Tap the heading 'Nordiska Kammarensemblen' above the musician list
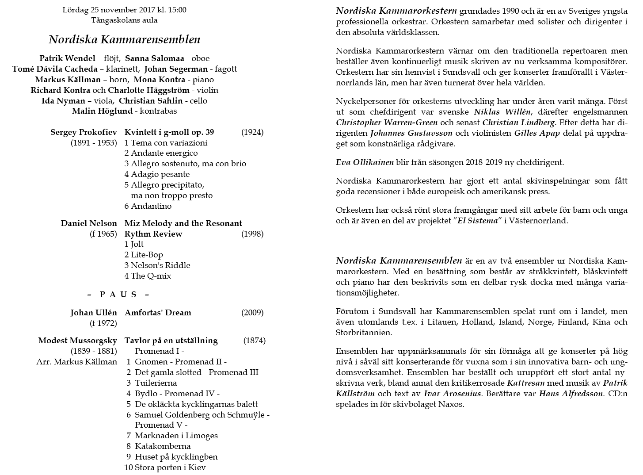(124, 39)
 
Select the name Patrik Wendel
(67, 58)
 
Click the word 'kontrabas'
(158, 111)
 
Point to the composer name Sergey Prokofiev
(84, 132)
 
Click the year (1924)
(252, 132)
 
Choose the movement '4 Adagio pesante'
(157, 174)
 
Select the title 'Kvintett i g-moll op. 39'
(169, 132)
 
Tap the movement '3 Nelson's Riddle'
(157, 265)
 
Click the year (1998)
(252, 234)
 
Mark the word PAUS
(118, 295)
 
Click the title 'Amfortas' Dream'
(158, 313)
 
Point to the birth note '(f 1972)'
(103, 323)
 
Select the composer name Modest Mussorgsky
(77, 341)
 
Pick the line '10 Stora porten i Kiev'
(165, 467)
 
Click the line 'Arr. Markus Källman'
(76, 362)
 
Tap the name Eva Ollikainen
(365, 162)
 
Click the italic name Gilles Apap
(537, 133)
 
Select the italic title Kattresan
(526, 383)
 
